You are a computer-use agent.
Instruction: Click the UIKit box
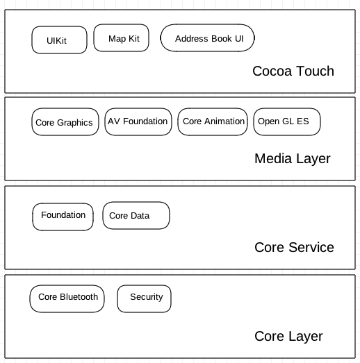click(59, 40)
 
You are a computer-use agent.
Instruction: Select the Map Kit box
click(121, 37)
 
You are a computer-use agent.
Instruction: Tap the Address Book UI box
click(208, 37)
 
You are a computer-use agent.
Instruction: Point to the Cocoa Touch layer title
click(293, 71)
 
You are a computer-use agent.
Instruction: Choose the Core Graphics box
click(65, 121)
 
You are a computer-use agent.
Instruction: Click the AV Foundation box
click(138, 121)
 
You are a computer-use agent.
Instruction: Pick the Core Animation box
click(213, 121)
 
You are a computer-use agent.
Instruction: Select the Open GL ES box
click(287, 121)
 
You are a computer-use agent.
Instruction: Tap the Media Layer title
click(293, 159)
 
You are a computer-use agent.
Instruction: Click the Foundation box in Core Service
click(63, 217)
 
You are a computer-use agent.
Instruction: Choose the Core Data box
click(136, 216)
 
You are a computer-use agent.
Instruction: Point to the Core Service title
click(294, 247)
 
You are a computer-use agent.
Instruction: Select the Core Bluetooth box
click(67, 298)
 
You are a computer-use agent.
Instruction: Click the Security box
click(144, 298)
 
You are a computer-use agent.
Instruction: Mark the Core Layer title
click(288, 337)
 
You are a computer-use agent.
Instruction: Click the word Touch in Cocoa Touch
click(315, 71)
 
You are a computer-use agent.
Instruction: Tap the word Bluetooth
click(79, 297)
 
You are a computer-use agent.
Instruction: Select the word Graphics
click(74, 123)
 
